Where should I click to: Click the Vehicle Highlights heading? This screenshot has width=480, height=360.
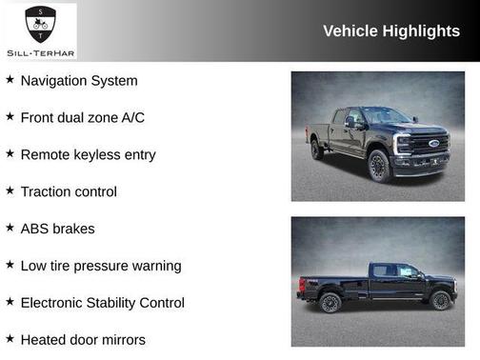click(x=390, y=31)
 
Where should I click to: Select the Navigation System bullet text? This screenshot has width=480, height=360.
click(x=79, y=81)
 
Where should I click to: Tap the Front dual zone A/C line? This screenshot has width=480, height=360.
click(x=83, y=118)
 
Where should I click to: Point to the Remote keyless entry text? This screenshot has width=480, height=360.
click(x=88, y=154)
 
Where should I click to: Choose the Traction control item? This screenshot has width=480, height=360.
click(x=69, y=191)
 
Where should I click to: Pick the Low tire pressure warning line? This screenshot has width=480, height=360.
click(x=101, y=266)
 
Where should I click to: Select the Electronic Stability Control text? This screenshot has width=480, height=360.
click(x=103, y=303)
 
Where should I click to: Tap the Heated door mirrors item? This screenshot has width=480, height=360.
click(x=83, y=339)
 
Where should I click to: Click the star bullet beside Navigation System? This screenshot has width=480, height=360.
click(x=10, y=80)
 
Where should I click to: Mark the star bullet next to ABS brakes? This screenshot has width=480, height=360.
click(x=10, y=228)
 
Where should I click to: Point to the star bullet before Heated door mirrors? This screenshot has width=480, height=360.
click(x=10, y=338)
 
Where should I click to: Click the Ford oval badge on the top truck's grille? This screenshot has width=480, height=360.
click(x=434, y=144)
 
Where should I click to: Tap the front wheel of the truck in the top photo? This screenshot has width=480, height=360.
click(x=379, y=167)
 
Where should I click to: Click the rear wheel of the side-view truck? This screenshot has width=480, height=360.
click(x=330, y=303)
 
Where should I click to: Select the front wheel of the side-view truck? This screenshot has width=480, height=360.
click(x=440, y=301)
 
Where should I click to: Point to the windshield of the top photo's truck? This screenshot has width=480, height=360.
click(x=387, y=116)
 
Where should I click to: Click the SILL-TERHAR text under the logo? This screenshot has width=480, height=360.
click(x=39, y=50)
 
